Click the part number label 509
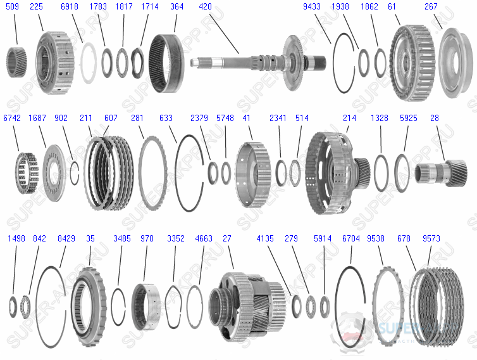(12, 6)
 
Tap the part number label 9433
(312, 6)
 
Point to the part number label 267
(431, 6)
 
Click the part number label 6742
(12, 118)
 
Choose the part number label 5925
(408, 118)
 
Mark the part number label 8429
(66, 238)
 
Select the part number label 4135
(265, 238)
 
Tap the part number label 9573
(433, 238)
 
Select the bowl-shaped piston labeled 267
(454, 63)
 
